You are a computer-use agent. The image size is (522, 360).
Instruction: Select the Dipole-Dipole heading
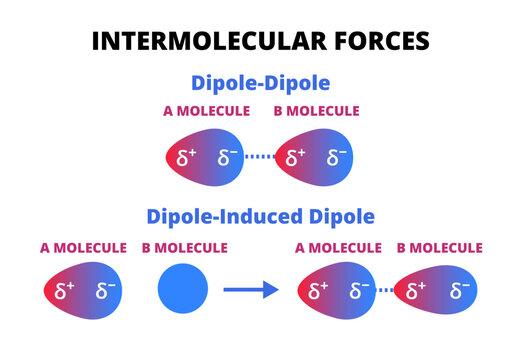coord(260,84)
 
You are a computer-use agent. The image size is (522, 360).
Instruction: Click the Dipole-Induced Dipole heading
coord(261,215)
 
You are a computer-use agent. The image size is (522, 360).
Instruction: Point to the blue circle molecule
coord(183,290)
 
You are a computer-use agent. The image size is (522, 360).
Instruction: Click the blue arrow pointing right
coord(249,290)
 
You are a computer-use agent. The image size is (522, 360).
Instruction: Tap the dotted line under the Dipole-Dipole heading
coord(260,157)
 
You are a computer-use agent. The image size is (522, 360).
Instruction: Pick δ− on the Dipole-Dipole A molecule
coord(228,157)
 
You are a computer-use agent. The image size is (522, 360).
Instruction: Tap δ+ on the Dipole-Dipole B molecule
coord(296,157)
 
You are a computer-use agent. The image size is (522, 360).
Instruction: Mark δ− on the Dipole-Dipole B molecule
coord(336,157)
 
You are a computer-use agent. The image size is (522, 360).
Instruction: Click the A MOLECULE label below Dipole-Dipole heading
coord(206,111)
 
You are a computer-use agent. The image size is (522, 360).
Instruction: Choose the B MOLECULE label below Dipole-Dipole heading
coord(317,111)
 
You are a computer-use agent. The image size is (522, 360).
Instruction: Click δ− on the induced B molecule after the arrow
coord(462,291)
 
